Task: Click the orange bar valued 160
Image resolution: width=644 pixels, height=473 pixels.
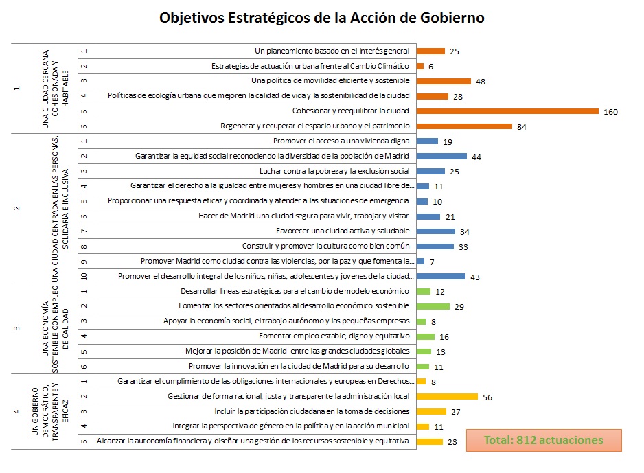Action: (507, 111)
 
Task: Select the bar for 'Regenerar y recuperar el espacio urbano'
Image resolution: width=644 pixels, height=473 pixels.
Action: (464, 126)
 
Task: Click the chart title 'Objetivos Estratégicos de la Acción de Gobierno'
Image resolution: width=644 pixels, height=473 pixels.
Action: (322, 18)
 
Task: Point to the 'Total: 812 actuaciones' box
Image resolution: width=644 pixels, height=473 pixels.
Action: (543, 440)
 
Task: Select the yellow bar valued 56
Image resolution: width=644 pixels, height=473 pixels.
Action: (447, 396)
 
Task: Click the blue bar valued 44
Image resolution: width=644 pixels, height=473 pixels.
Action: (441, 157)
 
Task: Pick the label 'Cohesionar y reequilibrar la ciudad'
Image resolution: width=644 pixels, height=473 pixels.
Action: (350, 111)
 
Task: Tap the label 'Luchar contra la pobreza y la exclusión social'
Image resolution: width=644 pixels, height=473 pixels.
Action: (334, 171)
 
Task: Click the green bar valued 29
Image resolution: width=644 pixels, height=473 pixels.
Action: (433, 306)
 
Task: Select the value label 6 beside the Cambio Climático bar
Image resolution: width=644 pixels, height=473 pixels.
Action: (430, 67)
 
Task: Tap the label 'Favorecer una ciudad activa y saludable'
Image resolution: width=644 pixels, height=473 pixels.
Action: (343, 231)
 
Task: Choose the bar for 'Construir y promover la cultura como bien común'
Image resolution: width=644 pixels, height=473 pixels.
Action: (435, 246)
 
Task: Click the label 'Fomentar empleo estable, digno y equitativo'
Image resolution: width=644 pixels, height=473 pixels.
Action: (334, 336)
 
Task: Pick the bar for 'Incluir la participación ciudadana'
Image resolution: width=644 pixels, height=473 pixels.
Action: (431, 411)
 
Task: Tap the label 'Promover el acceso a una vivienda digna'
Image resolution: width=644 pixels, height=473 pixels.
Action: (341, 141)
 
